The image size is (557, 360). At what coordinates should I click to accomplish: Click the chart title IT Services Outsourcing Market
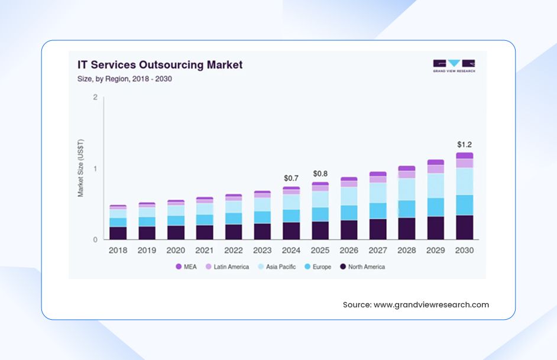pyautogui.click(x=160, y=64)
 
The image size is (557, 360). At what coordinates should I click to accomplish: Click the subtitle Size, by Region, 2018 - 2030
pyautogui.click(x=124, y=79)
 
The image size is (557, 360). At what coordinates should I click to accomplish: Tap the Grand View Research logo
pyautogui.click(x=454, y=66)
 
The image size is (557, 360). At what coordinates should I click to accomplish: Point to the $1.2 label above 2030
pyautogui.click(x=464, y=144)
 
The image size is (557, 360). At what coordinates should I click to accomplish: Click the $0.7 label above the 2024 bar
pyautogui.click(x=291, y=178)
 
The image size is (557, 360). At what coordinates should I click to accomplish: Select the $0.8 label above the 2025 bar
pyautogui.click(x=320, y=174)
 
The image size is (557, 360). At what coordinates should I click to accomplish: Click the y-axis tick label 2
pyautogui.click(x=95, y=97)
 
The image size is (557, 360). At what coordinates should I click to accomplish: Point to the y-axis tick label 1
pyautogui.click(x=95, y=168)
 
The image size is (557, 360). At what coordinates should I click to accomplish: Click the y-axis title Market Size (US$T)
pyautogui.click(x=81, y=168)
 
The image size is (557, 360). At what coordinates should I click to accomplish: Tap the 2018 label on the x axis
pyautogui.click(x=118, y=251)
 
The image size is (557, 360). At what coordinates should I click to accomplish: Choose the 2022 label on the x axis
pyautogui.click(x=233, y=251)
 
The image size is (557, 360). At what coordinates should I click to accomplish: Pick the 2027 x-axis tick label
pyautogui.click(x=377, y=251)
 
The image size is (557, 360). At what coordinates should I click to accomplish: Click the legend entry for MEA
pyautogui.click(x=186, y=267)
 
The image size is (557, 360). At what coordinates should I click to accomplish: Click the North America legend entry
pyautogui.click(x=362, y=267)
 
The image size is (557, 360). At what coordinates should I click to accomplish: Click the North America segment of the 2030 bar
pyautogui.click(x=464, y=228)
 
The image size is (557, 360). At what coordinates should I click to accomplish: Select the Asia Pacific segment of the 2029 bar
pyautogui.click(x=436, y=186)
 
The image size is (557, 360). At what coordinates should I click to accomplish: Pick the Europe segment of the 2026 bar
pyautogui.click(x=349, y=213)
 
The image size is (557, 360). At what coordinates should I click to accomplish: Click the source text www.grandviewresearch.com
pyautogui.click(x=431, y=305)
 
